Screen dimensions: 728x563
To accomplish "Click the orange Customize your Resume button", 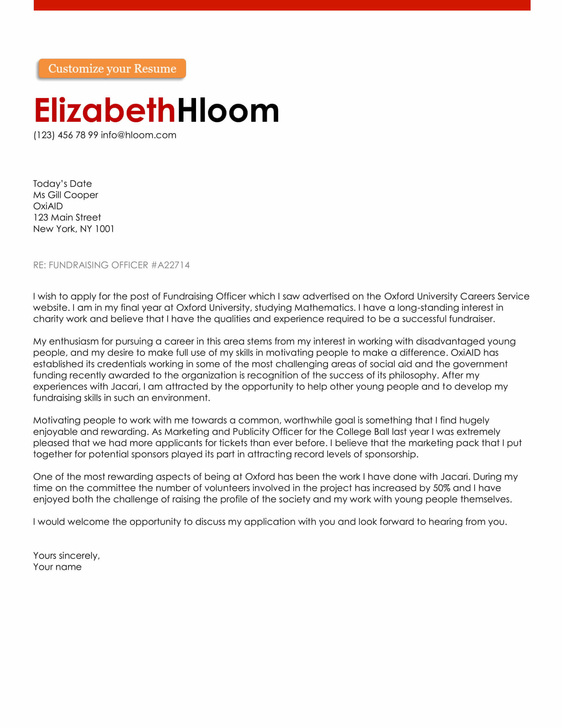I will (x=112, y=69).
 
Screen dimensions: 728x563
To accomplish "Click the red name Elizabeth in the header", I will (x=105, y=110).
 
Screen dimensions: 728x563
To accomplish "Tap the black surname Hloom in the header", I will (x=228, y=110).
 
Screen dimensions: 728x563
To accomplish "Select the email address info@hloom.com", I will (x=138, y=135).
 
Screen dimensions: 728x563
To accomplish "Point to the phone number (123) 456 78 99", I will (x=66, y=135).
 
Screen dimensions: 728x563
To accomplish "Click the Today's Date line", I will (x=62, y=184).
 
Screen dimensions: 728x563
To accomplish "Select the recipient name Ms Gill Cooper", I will (x=65, y=195).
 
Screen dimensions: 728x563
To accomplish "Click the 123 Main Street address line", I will (x=67, y=217).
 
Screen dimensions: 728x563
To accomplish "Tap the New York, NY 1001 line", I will (x=74, y=229).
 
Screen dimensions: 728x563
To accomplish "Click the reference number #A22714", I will (x=170, y=265).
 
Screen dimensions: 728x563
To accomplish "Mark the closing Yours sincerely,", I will (x=66, y=556).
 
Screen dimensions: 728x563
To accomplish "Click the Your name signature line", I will (x=57, y=567).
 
